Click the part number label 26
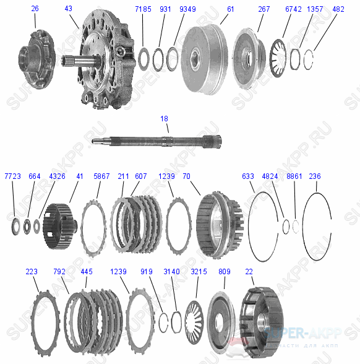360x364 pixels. (35, 9)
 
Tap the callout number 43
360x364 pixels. (68, 9)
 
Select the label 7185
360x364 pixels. (143, 9)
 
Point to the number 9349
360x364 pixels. (187, 9)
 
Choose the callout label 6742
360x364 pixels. (293, 9)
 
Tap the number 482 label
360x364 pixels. (338, 9)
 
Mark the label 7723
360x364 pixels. (13, 176)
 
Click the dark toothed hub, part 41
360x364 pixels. (59, 227)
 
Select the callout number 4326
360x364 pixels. (57, 176)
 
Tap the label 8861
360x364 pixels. (294, 176)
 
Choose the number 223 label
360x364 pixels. (32, 271)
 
